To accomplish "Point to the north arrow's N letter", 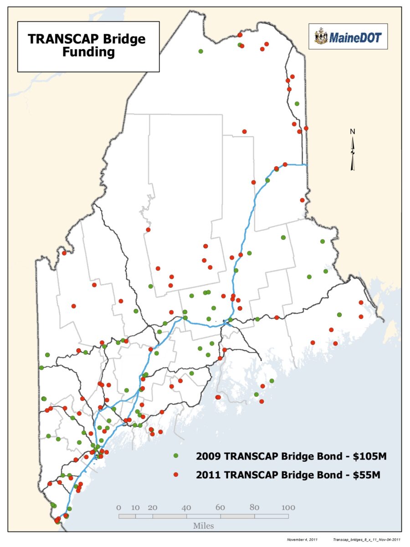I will point(352,132).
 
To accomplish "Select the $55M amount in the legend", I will point(367,475).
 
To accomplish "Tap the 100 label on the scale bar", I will point(288,507).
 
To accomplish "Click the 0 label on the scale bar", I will point(118,507).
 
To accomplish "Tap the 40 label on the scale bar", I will point(186,507).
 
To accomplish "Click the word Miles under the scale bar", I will point(203,526).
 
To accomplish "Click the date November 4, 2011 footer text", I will point(302,540).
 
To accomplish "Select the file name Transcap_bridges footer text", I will point(367,540).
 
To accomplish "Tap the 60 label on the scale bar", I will point(220,507).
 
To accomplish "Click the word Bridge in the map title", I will point(126,39).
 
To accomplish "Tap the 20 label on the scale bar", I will point(153,507).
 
